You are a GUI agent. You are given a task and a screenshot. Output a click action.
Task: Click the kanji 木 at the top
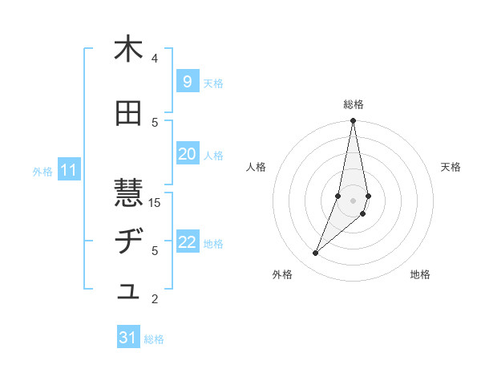tap(128, 50)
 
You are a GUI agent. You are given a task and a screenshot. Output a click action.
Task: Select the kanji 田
tap(128, 114)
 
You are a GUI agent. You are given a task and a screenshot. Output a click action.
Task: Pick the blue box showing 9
tap(187, 82)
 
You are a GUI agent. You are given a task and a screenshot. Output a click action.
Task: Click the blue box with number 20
tap(187, 155)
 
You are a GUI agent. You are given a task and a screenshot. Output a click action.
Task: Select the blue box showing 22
tap(187, 243)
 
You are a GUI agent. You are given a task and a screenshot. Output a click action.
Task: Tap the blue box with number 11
tap(69, 170)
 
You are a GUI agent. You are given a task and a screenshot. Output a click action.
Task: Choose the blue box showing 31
tap(128, 338)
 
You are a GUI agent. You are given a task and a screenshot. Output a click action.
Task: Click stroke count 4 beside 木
tap(155, 59)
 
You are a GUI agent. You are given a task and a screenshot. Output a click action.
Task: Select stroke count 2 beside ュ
tap(155, 300)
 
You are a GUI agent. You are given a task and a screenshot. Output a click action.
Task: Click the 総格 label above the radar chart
tap(354, 104)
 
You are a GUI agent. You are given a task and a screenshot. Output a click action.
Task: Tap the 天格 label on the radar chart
tap(451, 167)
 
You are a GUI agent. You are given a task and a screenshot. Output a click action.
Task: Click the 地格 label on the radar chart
tap(420, 275)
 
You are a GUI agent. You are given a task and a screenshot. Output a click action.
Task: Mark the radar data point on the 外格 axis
tap(315, 253)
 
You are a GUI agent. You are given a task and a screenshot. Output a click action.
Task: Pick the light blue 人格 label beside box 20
tap(213, 156)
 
